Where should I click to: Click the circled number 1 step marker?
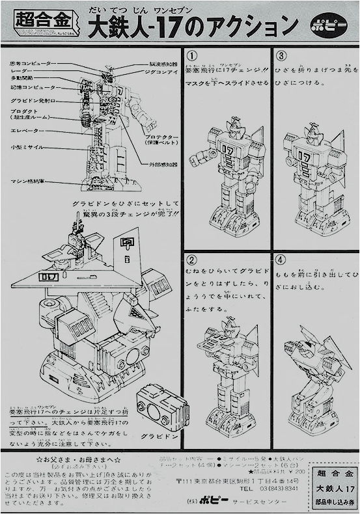192,55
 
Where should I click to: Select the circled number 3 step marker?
281,55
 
